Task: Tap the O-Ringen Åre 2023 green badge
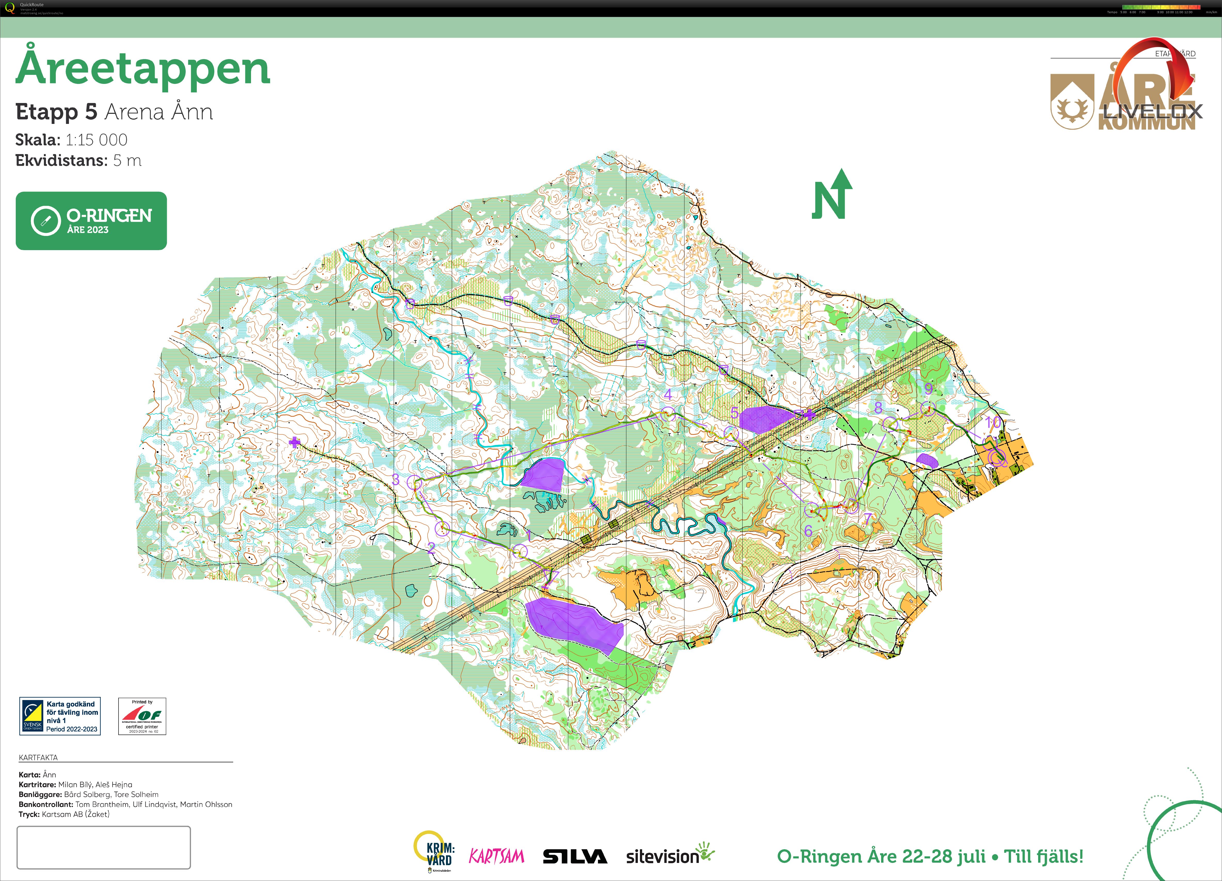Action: click(x=91, y=221)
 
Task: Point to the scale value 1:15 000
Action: click(x=96, y=140)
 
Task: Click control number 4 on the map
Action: click(x=668, y=395)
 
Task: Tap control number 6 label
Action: click(x=808, y=531)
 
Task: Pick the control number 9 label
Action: click(x=928, y=388)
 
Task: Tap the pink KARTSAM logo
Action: click(x=496, y=856)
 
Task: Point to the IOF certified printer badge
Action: click(x=142, y=716)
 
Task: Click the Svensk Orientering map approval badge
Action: click(x=60, y=716)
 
